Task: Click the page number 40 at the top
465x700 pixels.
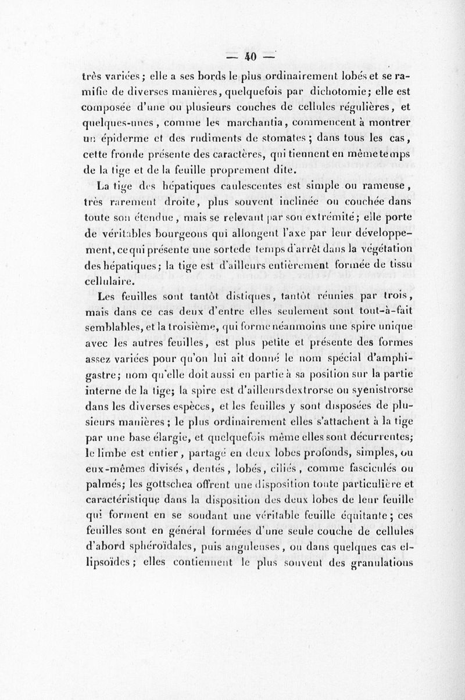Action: point(251,58)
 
